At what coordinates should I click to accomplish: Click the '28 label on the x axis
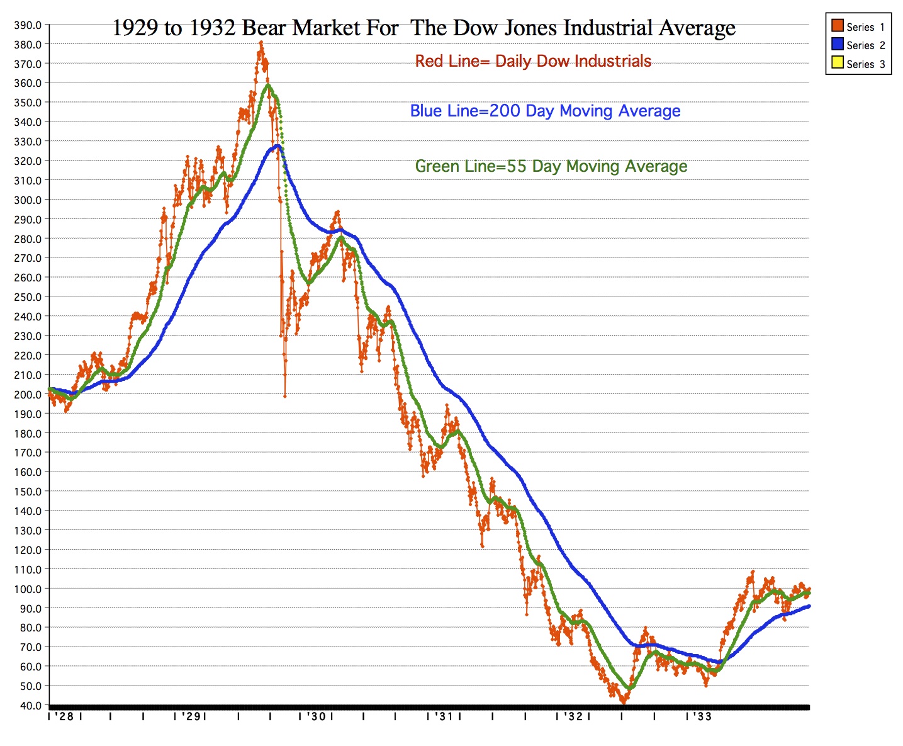65,716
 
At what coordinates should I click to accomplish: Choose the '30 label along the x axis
317,716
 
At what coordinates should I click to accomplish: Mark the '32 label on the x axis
573,716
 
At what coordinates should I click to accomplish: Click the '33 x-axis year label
703,716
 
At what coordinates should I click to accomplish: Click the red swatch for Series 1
837,26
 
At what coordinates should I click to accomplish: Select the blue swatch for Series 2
837,44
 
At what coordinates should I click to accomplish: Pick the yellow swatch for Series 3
837,62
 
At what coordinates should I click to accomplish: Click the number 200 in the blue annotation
505,111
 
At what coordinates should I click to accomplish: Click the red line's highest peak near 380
261,43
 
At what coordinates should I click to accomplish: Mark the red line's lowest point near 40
623,702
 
